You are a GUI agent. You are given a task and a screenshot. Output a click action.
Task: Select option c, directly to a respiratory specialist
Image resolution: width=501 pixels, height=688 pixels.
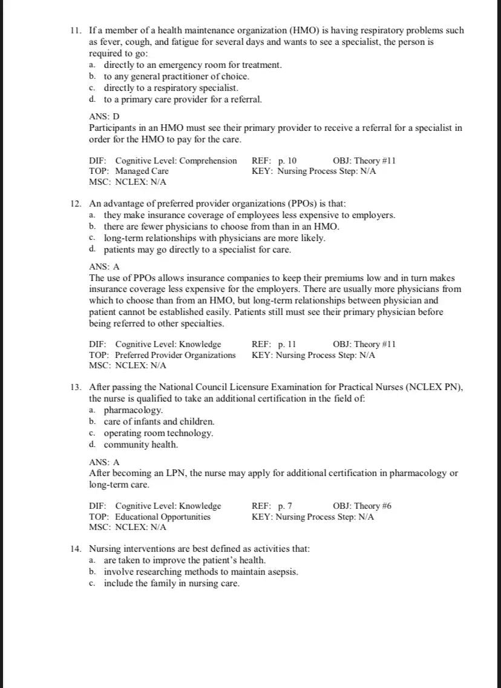click(x=166, y=88)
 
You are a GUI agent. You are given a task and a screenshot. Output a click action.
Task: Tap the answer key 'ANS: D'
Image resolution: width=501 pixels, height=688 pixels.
click(x=104, y=116)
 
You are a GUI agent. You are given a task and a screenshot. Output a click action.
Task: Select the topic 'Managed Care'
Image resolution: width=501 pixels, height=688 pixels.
click(x=142, y=171)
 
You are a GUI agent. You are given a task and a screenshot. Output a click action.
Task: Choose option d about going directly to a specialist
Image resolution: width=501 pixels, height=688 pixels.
click(x=197, y=249)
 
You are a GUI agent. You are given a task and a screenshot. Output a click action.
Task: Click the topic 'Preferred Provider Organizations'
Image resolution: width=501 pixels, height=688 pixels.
click(x=175, y=355)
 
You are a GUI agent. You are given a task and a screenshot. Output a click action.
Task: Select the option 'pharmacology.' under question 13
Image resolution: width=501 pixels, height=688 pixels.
click(x=133, y=410)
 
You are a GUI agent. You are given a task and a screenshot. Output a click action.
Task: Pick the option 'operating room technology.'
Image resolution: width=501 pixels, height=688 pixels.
click(x=159, y=433)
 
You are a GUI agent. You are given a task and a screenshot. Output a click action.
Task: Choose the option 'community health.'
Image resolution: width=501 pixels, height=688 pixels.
click(x=140, y=445)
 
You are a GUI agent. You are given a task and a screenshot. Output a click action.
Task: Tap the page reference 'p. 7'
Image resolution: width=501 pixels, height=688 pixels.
click(x=285, y=506)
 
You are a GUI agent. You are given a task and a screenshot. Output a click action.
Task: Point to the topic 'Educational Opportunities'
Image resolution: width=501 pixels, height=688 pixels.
click(x=163, y=517)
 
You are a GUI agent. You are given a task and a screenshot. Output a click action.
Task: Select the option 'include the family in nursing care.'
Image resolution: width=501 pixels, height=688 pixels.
click(x=171, y=583)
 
